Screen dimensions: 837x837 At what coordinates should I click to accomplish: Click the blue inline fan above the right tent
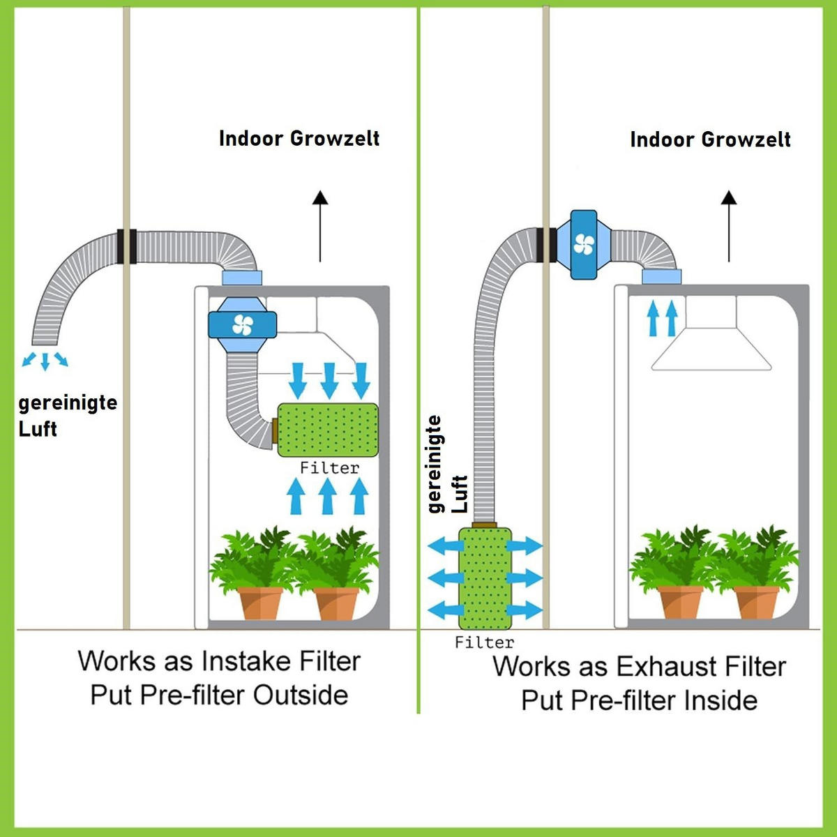coord(584,245)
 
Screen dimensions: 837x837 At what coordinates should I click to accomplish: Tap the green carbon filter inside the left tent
coord(328,430)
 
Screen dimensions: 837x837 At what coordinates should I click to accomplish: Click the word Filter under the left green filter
coord(329,468)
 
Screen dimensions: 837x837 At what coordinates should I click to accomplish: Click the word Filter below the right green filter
coord(484,642)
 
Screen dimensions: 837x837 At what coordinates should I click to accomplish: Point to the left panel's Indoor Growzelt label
coord(299,138)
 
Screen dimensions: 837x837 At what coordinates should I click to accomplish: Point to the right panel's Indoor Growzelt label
coord(710,139)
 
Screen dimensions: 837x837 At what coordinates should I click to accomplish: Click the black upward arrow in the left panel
coord(320,226)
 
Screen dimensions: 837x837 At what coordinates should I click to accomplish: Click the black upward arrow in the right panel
coord(729,226)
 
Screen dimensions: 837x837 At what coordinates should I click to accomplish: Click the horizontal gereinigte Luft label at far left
coord(67,416)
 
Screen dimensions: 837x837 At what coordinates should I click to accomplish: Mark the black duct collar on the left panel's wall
coord(126,246)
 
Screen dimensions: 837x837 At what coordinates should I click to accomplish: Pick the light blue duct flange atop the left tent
coord(241,278)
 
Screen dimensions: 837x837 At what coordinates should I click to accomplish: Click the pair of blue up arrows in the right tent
coord(662,318)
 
